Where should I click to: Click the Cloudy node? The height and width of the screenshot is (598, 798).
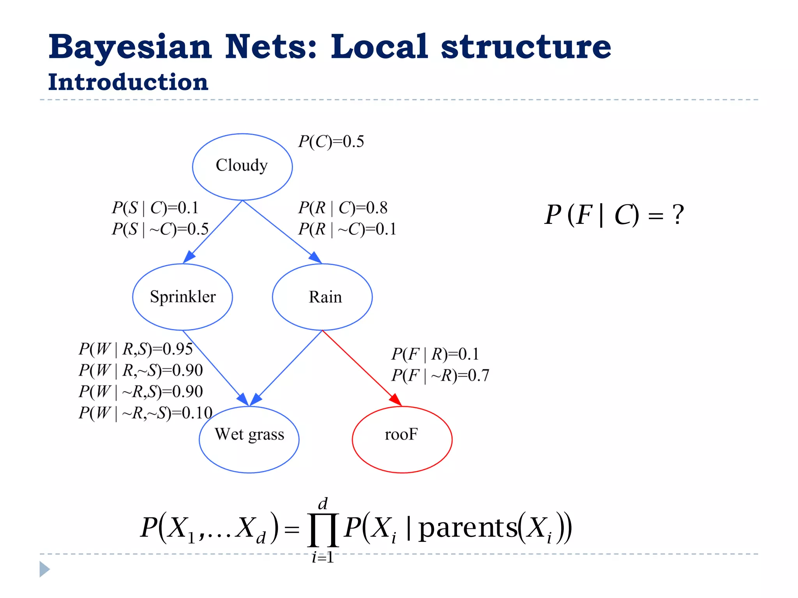(x=242, y=167)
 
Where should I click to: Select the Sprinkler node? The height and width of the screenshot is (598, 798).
(x=182, y=297)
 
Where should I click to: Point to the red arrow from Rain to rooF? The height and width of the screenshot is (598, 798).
(x=360, y=367)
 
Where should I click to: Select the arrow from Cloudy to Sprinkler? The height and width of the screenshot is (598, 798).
(x=214, y=231)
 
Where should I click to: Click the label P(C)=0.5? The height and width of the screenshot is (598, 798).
(x=331, y=142)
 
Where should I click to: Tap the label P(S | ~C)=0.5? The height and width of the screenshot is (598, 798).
(x=160, y=229)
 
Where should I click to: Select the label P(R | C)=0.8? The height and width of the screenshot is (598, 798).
(x=343, y=208)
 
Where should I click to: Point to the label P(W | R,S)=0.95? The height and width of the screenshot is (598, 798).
(x=136, y=349)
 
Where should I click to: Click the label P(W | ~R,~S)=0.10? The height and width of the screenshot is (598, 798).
(x=145, y=413)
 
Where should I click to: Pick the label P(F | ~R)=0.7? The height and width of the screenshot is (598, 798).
(x=440, y=375)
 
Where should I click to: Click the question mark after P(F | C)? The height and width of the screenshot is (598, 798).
(x=678, y=215)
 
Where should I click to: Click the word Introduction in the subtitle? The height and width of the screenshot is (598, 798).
(x=128, y=82)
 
